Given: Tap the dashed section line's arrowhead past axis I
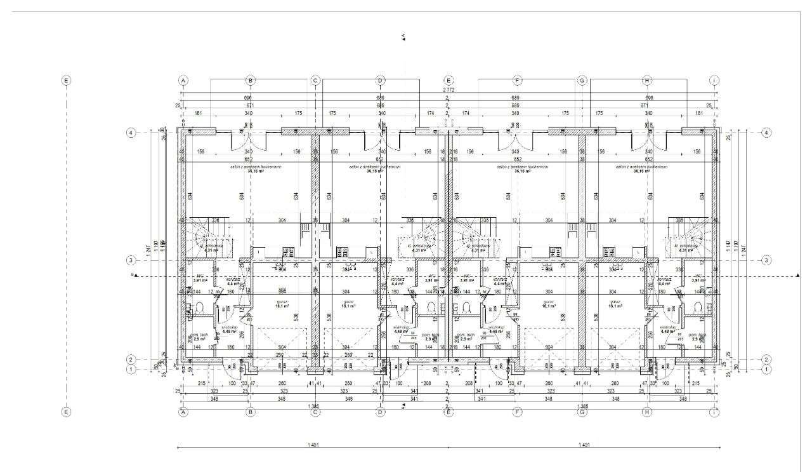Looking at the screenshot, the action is click(797, 276).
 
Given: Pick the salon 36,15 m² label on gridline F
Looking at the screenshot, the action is click(518, 169).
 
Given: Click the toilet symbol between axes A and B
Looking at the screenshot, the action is click(199, 308).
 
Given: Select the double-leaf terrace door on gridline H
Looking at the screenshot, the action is click(648, 142).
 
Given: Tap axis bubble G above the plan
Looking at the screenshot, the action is click(582, 81).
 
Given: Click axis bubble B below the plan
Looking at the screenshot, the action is click(251, 412).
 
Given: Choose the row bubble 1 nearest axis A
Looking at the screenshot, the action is click(131, 369).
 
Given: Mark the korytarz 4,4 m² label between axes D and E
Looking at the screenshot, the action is click(398, 280).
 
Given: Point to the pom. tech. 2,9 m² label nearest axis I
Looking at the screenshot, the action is click(698, 337).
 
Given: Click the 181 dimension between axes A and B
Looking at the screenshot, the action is click(199, 113).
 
